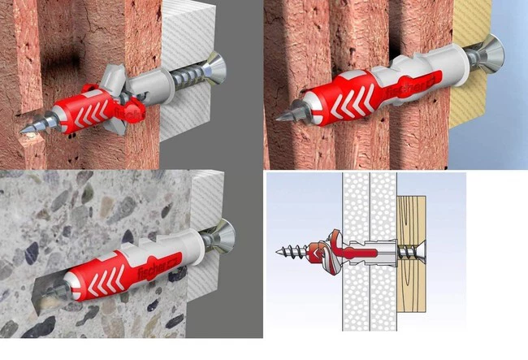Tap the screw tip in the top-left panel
[21, 131]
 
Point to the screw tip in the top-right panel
[278, 119]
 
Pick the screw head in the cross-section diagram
[423, 251]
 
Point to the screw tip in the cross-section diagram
[278, 251]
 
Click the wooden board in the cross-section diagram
[412, 254]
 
